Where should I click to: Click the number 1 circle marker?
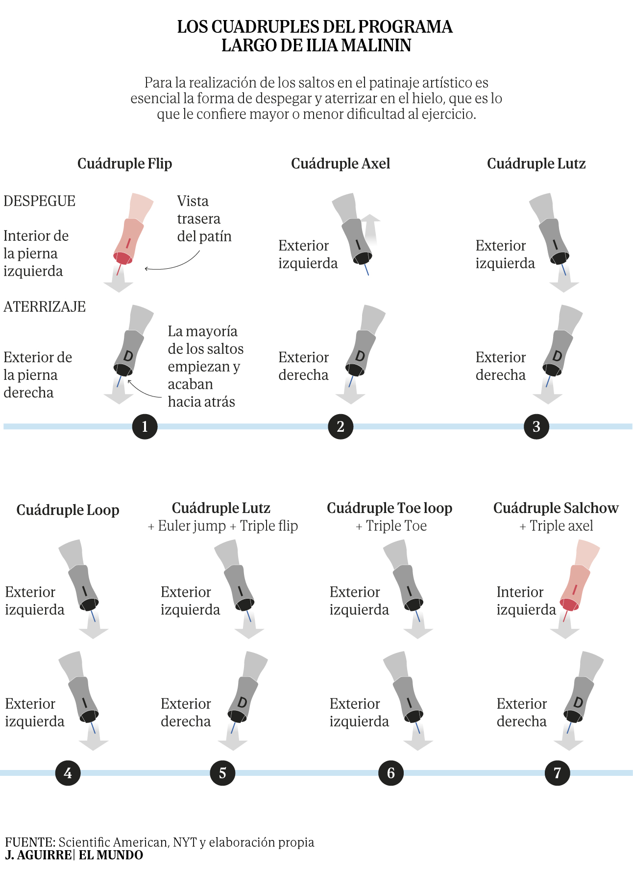[145, 426]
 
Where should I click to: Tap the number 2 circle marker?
[341, 426]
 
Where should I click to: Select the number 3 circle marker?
[536, 426]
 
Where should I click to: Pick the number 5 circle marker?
[222, 773]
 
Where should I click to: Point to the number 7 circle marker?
[557, 773]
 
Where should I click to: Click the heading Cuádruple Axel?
[341, 163]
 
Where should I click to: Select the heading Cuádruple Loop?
[68, 510]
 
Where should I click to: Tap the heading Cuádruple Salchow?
[556, 508]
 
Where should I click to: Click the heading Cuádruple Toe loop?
[390, 508]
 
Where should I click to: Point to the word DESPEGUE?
[40, 201]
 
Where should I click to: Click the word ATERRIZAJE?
[45, 307]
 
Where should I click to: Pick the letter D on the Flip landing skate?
[128, 356]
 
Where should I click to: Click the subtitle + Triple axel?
[556, 526]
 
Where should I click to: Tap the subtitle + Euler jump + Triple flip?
[223, 526]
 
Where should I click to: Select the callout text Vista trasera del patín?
[204, 219]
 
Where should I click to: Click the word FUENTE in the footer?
[30, 842]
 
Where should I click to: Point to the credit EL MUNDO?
[111, 855]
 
